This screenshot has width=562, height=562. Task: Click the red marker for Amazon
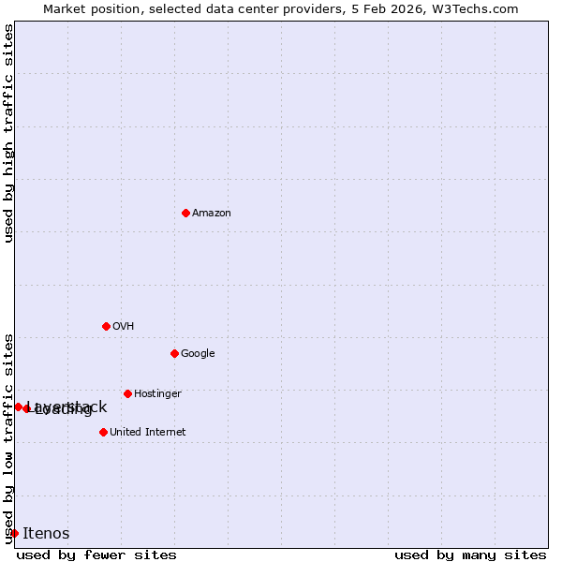185,213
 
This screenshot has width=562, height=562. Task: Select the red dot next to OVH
106,326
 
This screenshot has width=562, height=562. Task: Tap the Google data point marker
174,353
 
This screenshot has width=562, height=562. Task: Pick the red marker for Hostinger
127,393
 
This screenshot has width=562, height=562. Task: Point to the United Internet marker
103,432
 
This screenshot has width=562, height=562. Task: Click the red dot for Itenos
14,533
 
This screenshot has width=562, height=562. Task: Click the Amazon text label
212,214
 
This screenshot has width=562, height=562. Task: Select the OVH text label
123,327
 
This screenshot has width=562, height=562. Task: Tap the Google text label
198,354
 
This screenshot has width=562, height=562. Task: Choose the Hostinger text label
157,394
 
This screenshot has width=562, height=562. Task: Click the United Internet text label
147,433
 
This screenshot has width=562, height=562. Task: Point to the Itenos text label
46,534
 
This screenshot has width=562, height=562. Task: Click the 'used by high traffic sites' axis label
9,133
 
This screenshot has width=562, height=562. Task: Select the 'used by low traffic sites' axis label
9,438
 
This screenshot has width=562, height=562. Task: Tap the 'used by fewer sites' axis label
96,555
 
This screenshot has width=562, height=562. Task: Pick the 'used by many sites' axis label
470,555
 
